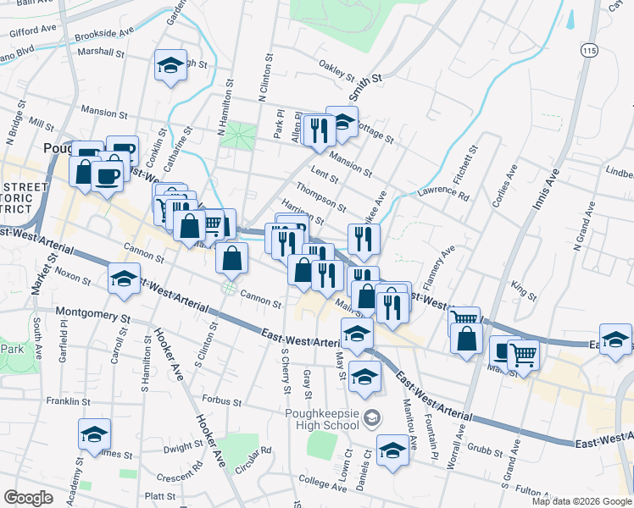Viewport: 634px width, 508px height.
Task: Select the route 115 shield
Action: click(x=589, y=52)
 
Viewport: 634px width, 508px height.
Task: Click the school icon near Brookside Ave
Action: click(x=170, y=65)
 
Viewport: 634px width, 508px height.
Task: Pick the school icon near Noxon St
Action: click(x=125, y=279)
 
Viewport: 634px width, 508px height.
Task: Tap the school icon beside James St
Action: click(x=94, y=436)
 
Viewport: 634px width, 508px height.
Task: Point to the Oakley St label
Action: click(x=335, y=66)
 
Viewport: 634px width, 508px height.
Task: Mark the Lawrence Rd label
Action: click(x=442, y=194)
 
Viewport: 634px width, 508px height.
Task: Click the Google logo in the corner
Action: click(x=27, y=498)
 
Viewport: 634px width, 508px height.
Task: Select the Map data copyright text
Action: click(x=582, y=501)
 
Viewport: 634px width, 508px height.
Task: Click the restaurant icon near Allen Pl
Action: click(x=318, y=130)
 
